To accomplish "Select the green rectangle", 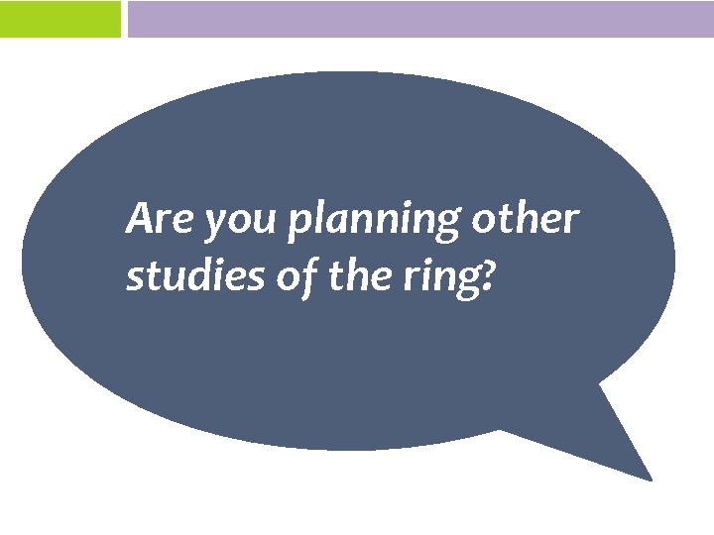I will pyautogui.click(x=59, y=19).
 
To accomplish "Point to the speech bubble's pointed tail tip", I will pyautogui.click(x=651, y=480).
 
